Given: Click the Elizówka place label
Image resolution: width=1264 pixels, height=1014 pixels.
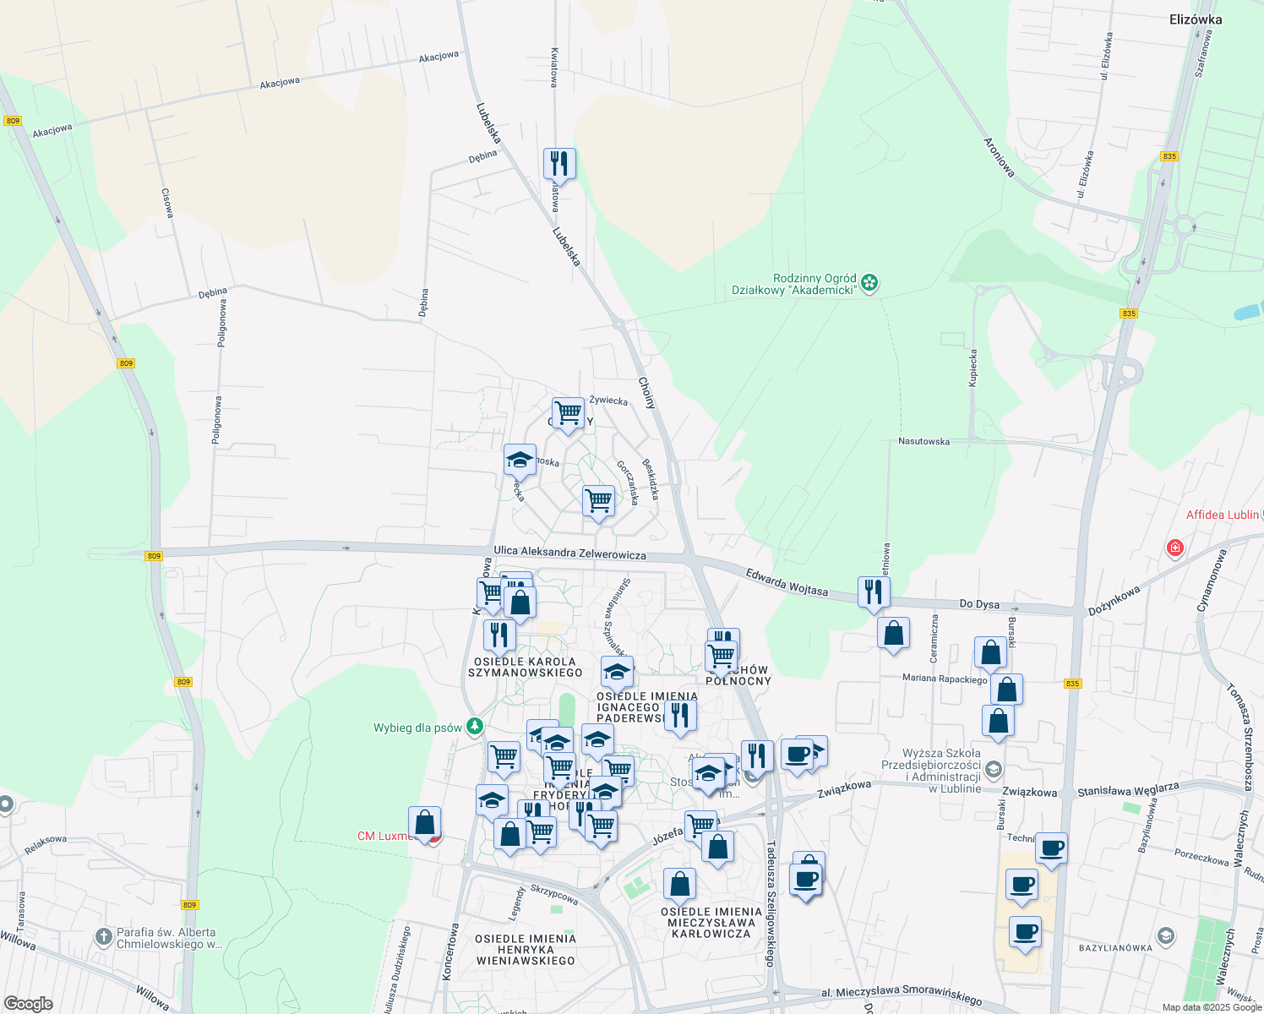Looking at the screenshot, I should [1196, 19].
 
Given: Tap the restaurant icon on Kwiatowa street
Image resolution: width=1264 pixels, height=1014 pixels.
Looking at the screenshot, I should [558, 162].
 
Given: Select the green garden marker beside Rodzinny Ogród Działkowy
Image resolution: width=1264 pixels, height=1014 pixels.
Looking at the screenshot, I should [870, 284].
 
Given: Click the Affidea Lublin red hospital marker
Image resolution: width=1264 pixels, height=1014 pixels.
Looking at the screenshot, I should [1174, 548].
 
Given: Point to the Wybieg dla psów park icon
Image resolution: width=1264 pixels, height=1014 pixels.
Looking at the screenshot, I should [476, 726].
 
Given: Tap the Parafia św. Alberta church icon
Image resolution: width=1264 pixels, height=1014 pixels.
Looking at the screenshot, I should [103, 936].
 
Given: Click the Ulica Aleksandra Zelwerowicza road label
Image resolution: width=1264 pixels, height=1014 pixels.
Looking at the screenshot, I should [569, 553].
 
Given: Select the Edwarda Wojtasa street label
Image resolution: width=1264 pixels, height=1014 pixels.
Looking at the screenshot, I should [787, 581].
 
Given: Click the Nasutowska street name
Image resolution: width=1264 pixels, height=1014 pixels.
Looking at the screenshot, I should [923, 441].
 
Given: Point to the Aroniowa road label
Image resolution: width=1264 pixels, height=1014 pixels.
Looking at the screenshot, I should [999, 156].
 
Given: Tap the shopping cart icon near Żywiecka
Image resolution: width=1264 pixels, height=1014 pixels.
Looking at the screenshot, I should [568, 413].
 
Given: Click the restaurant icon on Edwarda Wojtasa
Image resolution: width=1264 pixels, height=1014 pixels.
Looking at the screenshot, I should [874, 591].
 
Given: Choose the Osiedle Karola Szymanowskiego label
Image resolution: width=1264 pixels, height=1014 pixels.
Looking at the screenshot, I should [526, 668].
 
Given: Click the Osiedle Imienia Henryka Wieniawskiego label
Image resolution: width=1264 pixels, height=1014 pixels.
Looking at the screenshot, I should [526, 949].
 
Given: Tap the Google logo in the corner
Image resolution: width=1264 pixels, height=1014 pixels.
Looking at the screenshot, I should [28, 1003].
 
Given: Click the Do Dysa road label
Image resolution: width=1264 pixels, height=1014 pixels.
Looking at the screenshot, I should [979, 604].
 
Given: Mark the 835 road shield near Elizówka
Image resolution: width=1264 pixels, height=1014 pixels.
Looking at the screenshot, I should [1169, 156].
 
